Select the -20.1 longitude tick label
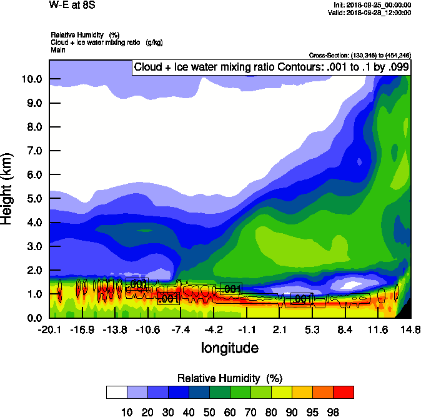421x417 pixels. click(x=49, y=329)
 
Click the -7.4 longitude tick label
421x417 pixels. click(x=181, y=329)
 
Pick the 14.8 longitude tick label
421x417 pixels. click(x=410, y=329)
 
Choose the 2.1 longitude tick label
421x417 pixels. click(x=279, y=329)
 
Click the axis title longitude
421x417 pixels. click(x=229, y=347)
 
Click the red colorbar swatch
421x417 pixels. click(x=343, y=392)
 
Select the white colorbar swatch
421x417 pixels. click(x=117, y=392)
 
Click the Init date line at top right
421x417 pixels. click(x=372, y=4)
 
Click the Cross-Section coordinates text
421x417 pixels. click(x=360, y=56)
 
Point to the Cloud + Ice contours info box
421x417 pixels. click(x=272, y=68)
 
